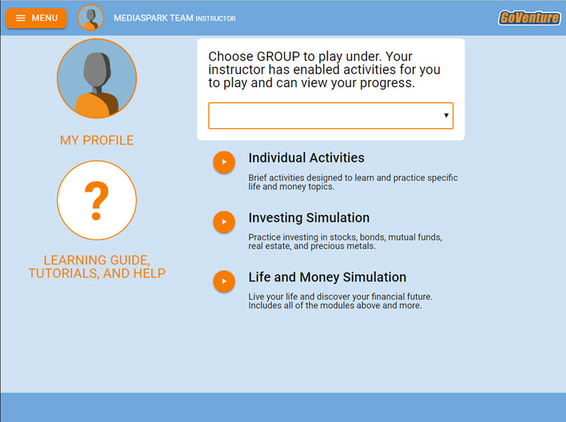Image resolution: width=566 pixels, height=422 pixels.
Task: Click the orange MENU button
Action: coord(36,18)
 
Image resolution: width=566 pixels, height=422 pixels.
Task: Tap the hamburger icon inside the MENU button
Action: coord(21,18)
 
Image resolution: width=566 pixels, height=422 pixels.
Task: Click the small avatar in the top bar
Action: coord(91,18)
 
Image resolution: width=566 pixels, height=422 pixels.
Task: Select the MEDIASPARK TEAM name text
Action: coord(154,18)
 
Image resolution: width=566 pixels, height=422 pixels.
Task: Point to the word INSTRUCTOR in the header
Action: coord(216,18)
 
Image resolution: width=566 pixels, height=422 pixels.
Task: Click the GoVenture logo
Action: coord(529,18)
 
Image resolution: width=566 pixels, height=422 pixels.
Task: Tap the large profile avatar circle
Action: coord(97,79)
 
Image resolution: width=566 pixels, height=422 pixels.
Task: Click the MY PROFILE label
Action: coord(97,140)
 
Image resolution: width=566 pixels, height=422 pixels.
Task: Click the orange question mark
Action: coord(96,200)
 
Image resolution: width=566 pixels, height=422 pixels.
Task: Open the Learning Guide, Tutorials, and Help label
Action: coord(97,267)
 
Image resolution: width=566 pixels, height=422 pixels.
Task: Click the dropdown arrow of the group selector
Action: coord(446,115)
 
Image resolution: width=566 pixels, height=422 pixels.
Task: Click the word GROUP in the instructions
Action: coord(278,57)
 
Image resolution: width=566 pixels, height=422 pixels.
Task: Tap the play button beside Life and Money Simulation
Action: coord(224,282)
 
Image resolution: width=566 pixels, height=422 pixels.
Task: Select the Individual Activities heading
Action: coord(306,158)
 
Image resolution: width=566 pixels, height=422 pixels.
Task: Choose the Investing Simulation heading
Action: coord(309,218)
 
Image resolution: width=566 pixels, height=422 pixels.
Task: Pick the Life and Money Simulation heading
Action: coord(327,277)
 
